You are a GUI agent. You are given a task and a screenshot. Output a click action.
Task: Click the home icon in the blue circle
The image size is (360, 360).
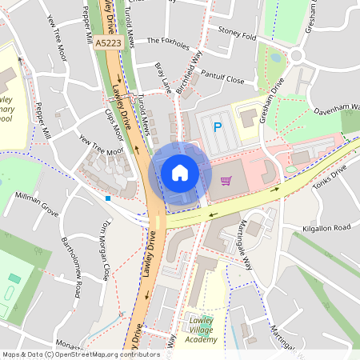tap(180, 173)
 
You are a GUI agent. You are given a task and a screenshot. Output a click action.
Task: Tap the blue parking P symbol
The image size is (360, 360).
tap(216, 126)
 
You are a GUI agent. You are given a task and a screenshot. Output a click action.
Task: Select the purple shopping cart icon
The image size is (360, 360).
tap(226, 181)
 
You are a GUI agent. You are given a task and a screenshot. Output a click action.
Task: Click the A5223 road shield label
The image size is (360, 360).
tap(106, 42)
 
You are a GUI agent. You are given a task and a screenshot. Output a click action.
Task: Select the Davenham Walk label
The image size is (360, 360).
tap(334, 111)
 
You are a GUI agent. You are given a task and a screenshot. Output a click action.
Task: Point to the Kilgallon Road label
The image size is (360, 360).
tap(326, 229)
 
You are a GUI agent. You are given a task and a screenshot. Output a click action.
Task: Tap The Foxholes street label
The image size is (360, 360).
tap(167, 39)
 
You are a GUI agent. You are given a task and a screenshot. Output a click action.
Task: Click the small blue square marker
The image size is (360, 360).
tap(107, 197)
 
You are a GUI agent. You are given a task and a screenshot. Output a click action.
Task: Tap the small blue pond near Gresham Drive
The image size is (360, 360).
tap(276, 58)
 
